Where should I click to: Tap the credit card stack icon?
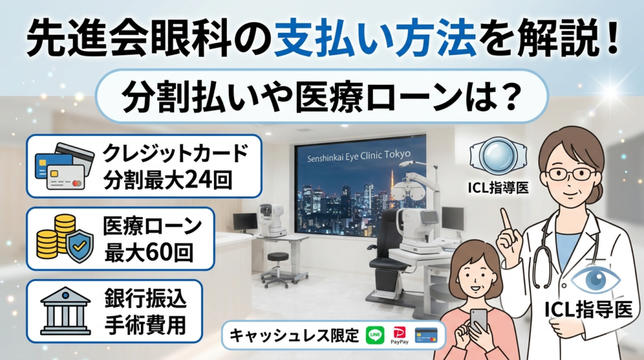point(60,164)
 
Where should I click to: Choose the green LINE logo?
point(375,335)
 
